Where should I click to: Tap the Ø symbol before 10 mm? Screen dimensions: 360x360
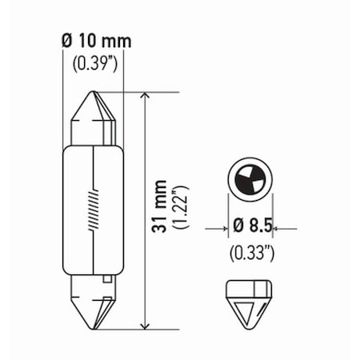click(x=67, y=41)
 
